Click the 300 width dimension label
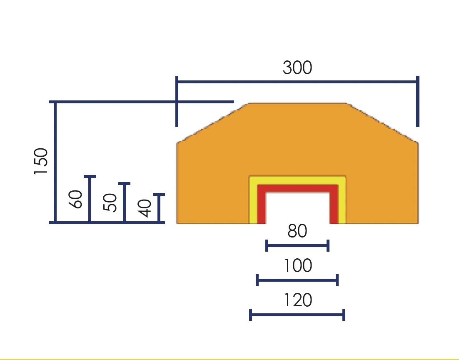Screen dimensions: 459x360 (x=297, y=67)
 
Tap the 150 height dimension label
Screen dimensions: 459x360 (x=41, y=161)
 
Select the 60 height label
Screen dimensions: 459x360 (x=75, y=199)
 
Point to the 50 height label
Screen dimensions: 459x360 (x=110, y=202)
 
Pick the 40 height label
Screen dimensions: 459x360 (x=145, y=208)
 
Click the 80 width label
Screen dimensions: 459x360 (x=297, y=231)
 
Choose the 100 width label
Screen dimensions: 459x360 (x=298, y=266)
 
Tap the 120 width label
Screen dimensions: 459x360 (x=298, y=300)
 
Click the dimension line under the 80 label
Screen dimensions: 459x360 (x=297, y=245)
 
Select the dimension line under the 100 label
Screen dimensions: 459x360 (x=297, y=280)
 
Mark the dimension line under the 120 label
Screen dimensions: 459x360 (x=297, y=315)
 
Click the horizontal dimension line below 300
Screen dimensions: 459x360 (x=297, y=81)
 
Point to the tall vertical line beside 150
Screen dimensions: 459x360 (x=55, y=162)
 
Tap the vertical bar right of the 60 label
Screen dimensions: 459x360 (x=90, y=199)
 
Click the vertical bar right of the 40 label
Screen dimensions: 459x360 (x=159, y=208)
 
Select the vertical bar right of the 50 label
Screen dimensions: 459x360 (x=125, y=202)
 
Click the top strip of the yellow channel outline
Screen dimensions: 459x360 (x=297, y=180)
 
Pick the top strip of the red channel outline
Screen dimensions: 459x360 (x=297, y=189)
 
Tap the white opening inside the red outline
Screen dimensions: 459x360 (x=297, y=208)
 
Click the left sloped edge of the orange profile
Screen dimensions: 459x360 (x=213, y=123)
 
